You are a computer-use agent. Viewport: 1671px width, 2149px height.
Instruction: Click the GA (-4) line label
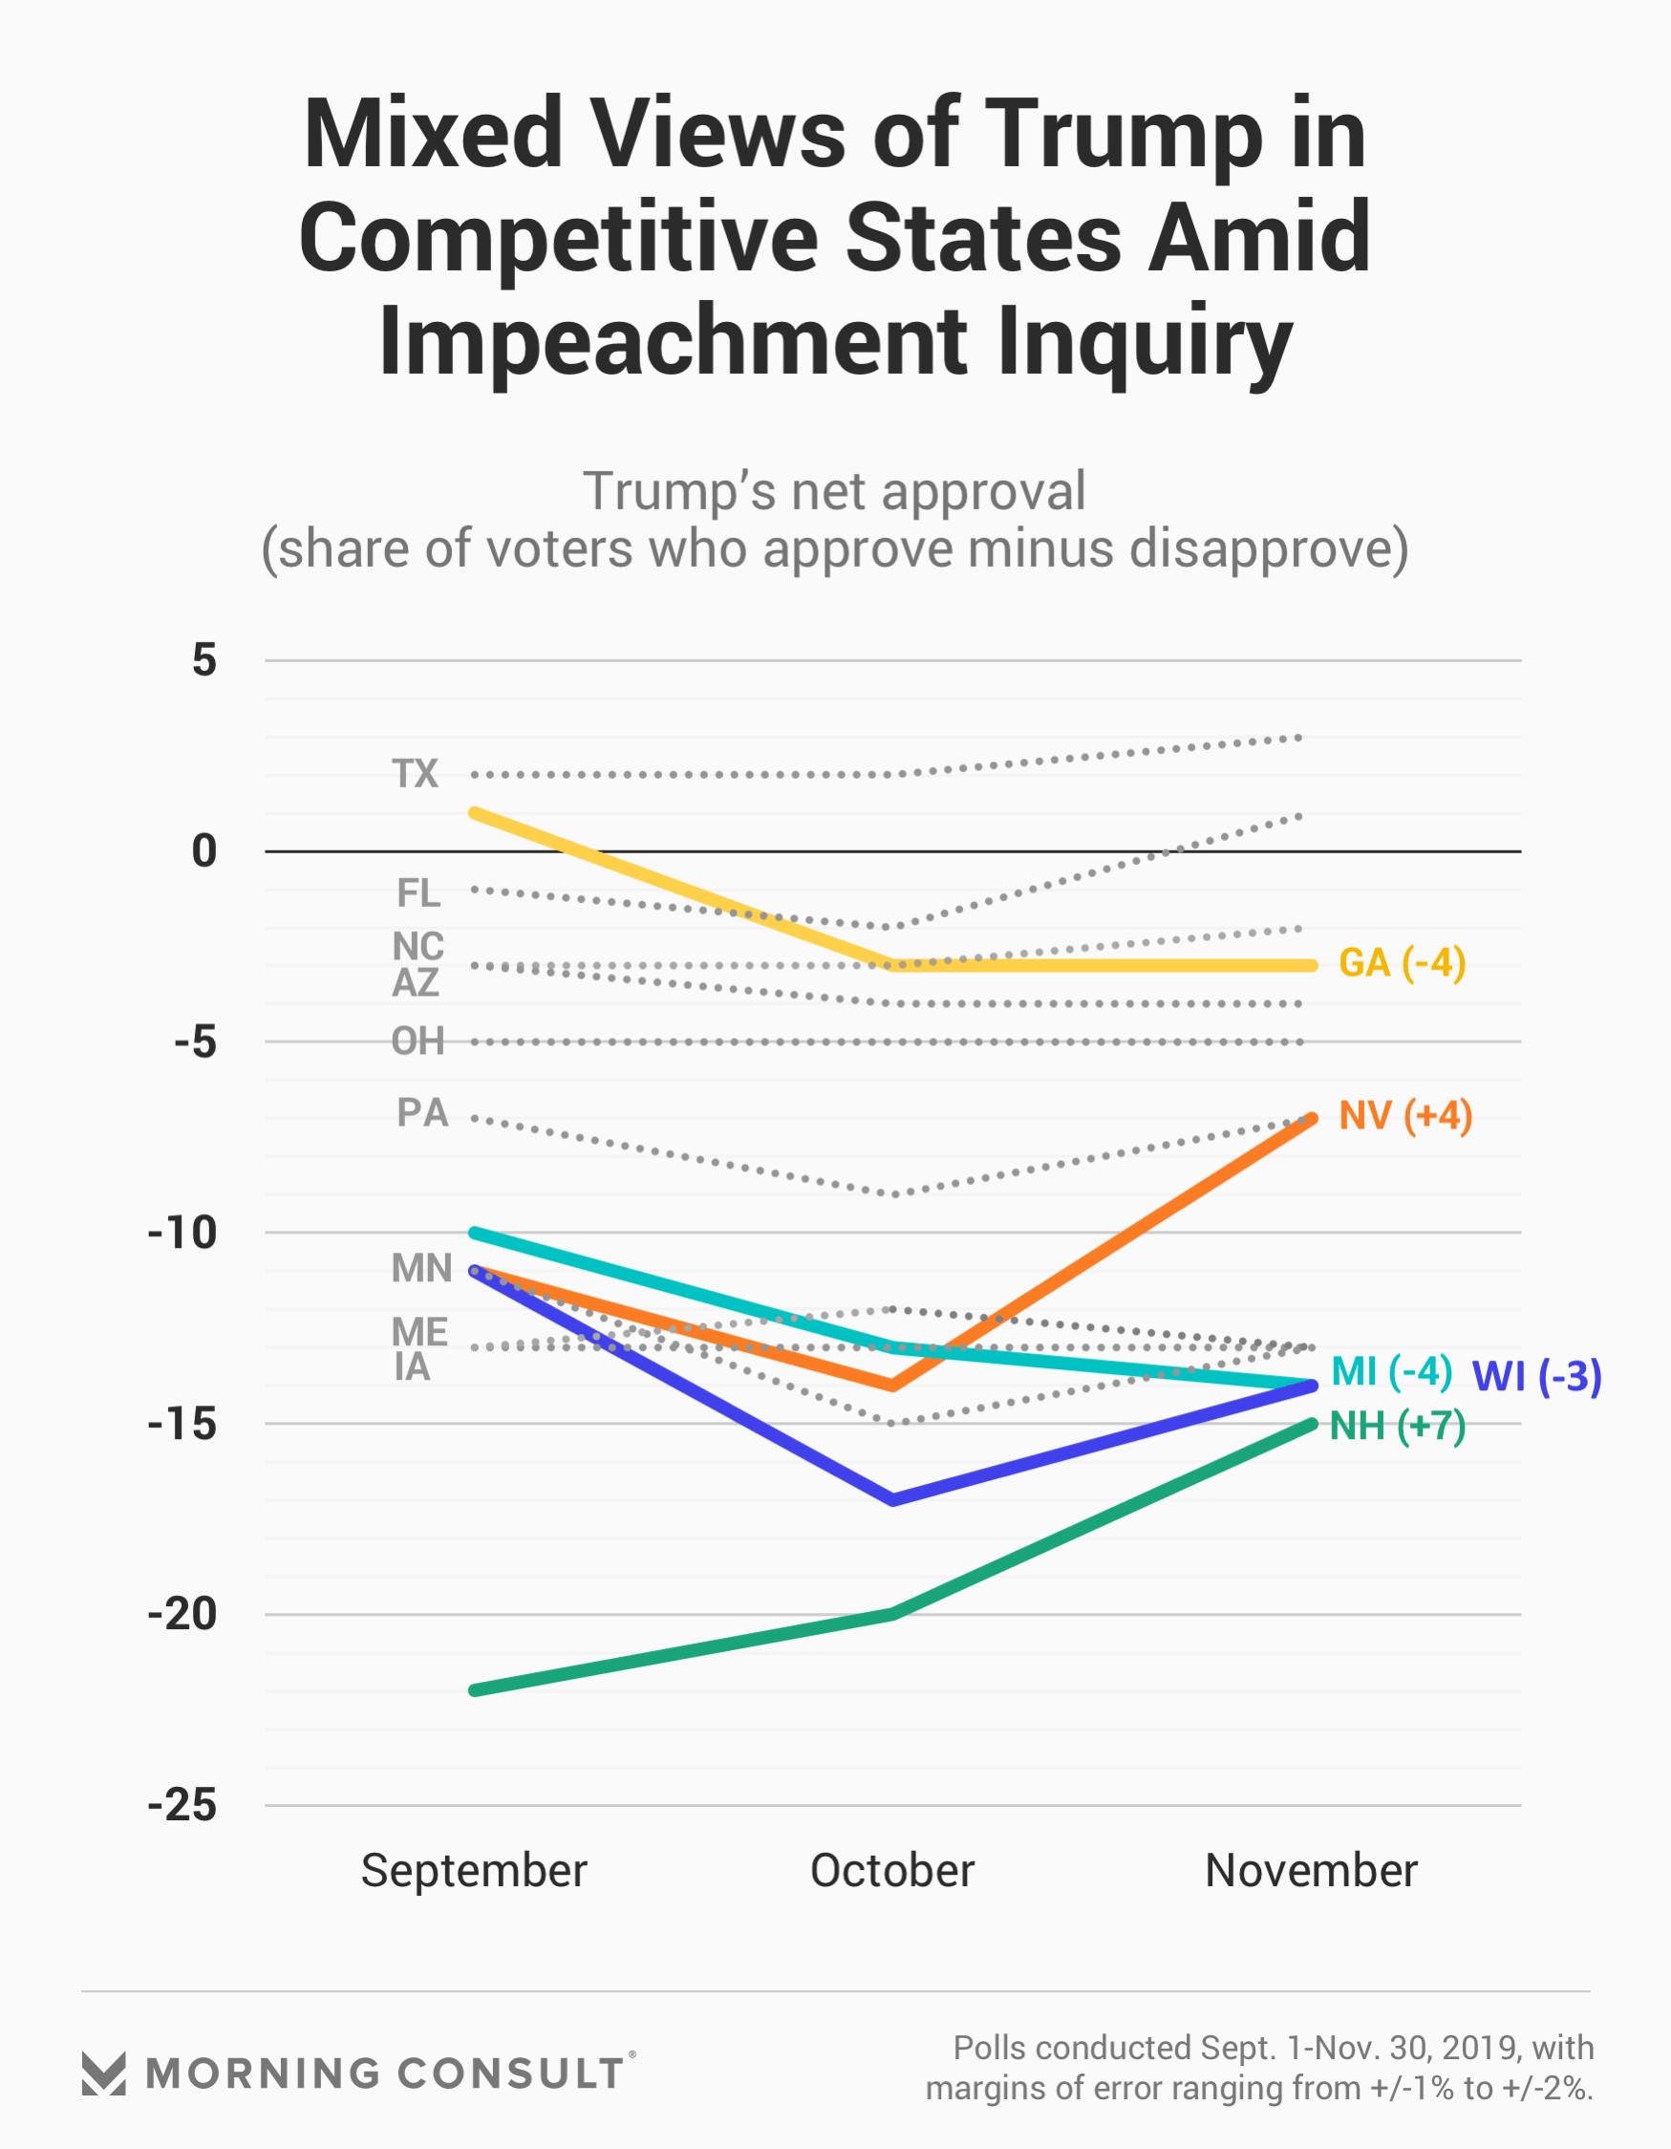(x=1402, y=963)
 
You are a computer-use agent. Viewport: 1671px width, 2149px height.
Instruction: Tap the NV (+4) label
(x=1405, y=1116)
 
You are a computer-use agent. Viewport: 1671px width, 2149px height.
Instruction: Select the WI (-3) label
(x=1536, y=1377)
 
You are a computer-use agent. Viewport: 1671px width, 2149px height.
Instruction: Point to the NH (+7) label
(x=1398, y=1426)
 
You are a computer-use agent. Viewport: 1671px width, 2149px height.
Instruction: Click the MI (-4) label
(x=1390, y=1371)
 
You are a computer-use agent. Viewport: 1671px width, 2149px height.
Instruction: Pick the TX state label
(x=416, y=773)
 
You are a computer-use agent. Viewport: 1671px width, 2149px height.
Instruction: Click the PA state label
(x=422, y=1113)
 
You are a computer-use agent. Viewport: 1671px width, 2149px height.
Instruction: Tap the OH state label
(x=418, y=1041)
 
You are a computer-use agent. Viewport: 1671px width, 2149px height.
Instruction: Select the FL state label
(x=418, y=893)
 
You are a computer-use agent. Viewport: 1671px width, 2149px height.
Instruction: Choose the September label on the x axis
(x=473, y=1871)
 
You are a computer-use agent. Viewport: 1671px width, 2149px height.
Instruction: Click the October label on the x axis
(x=891, y=1871)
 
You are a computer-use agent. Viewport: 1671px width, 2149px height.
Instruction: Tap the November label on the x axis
(x=1311, y=1871)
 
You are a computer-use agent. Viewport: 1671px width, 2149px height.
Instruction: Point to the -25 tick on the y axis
(x=182, y=1806)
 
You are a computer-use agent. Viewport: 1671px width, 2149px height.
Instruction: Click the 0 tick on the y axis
(x=204, y=851)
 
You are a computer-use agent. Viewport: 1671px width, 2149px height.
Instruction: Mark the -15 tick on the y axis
(x=182, y=1424)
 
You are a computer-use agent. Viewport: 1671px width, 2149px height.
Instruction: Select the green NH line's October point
(x=892, y=1615)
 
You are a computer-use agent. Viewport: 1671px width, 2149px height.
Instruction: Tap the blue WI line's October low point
(x=892, y=1499)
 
